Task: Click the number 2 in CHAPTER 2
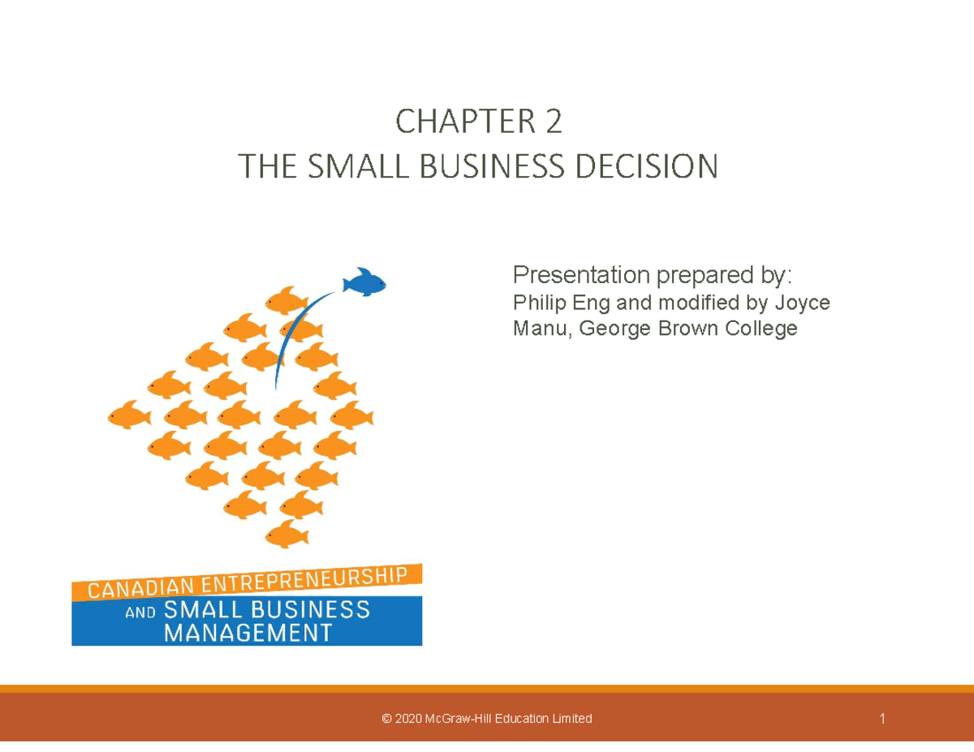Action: click(x=553, y=123)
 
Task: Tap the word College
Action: click(x=763, y=329)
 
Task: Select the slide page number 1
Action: click(x=881, y=719)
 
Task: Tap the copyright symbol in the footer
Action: click(x=386, y=719)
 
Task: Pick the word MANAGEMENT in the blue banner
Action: click(x=248, y=632)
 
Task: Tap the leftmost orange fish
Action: click(x=129, y=417)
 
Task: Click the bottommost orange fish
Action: click(x=285, y=534)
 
